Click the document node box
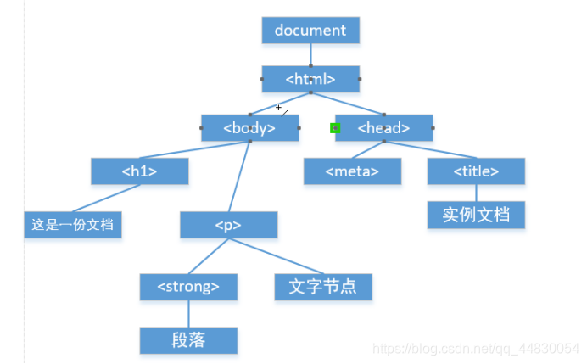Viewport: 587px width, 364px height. click(x=310, y=30)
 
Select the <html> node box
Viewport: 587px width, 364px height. click(x=310, y=79)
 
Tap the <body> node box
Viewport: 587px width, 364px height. click(x=249, y=128)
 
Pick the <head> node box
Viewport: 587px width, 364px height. click(x=383, y=128)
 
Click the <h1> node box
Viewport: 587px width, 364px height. click(x=139, y=171)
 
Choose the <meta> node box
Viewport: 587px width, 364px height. click(x=352, y=171)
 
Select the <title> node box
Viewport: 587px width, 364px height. click(x=476, y=171)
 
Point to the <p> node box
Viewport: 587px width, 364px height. click(x=228, y=225)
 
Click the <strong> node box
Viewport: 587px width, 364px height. click(x=188, y=287)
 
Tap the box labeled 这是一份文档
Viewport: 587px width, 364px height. click(x=72, y=226)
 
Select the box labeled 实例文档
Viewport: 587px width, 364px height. click(x=476, y=214)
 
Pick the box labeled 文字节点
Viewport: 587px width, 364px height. click(x=323, y=287)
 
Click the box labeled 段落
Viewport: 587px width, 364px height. click(x=188, y=340)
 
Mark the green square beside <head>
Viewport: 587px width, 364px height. click(x=335, y=128)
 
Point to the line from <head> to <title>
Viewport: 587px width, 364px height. click(x=430, y=150)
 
